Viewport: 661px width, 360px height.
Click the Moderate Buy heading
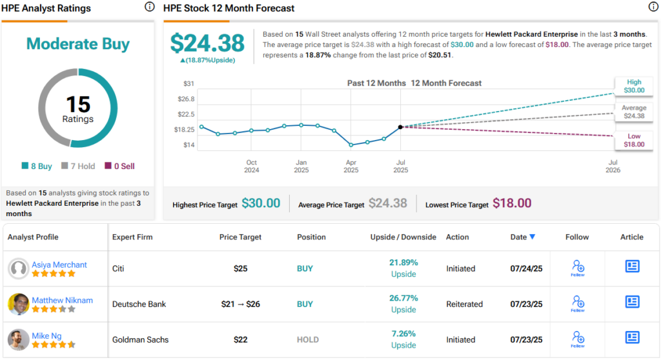pos(78,45)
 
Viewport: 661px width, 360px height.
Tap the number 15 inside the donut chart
pos(78,105)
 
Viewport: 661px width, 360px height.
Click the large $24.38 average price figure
pos(207,43)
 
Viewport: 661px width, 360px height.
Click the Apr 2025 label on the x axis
pos(351,166)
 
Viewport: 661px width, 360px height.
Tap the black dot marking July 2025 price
pos(401,127)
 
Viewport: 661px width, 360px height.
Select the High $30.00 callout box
pos(634,86)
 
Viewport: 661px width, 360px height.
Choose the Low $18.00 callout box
pos(634,140)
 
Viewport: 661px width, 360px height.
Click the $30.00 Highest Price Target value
pos(261,204)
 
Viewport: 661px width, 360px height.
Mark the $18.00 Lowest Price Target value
pos(512,204)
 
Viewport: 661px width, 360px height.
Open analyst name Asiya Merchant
pos(59,265)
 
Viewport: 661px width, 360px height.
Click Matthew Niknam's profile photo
pos(19,304)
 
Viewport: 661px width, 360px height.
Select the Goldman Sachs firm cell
pos(141,339)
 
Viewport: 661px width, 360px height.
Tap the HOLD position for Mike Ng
pos(307,339)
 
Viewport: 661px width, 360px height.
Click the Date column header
pos(522,237)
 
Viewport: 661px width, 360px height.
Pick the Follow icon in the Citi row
pos(578,268)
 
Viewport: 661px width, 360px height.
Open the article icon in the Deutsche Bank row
pos(632,302)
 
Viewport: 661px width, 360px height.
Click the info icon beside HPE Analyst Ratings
pos(150,7)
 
